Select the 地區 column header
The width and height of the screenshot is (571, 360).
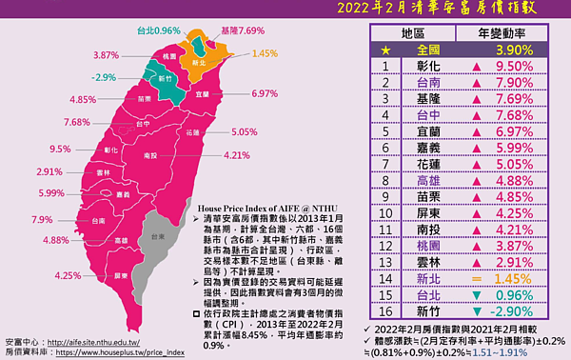413,32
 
